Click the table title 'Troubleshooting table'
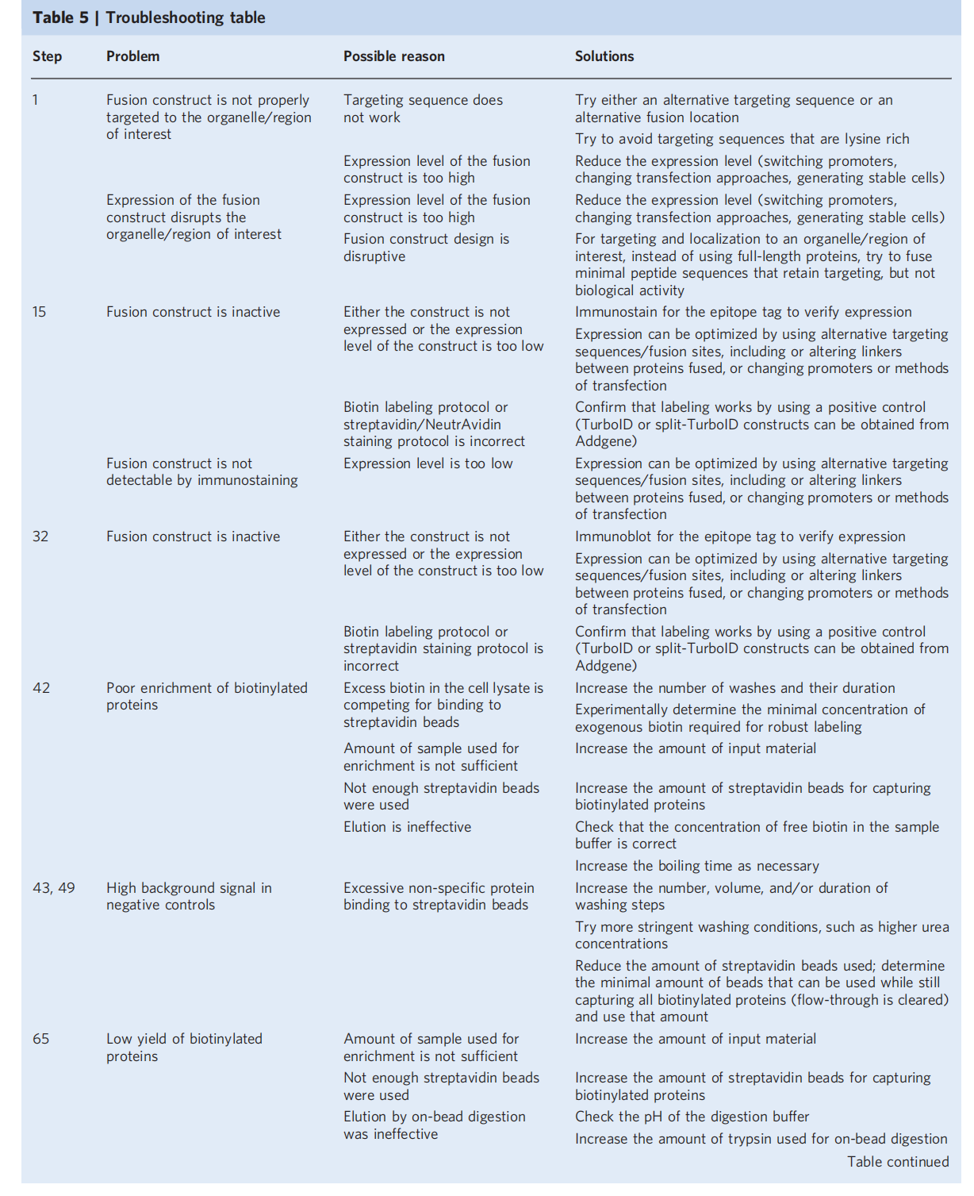click(x=186, y=17)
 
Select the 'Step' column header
click(x=47, y=56)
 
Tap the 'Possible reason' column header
click(x=393, y=56)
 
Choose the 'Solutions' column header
click(x=604, y=56)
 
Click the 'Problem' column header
click(x=132, y=56)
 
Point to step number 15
click(x=40, y=312)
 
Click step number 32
click(x=40, y=536)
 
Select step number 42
click(x=41, y=688)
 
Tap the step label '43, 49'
click(x=54, y=888)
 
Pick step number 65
click(x=41, y=1039)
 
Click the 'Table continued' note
click(x=897, y=1162)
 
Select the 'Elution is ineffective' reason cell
click(x=407, y=827)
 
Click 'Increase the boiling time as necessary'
click(x=696, y=866)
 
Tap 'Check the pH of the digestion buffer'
click(x=692, y=1117)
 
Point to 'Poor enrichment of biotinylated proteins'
click(x=206, y=696)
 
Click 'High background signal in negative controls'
click(x=189, y=896)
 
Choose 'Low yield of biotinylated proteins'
click(x=184, y=1047)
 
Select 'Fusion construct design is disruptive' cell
click(x=426, y=248)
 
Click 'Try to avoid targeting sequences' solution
click(x=742, y=139)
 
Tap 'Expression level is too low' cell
click(x=428, y=463)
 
